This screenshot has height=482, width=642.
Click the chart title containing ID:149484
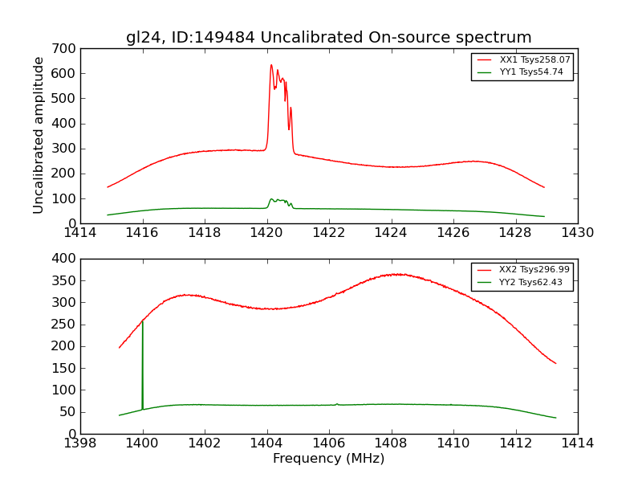[x=328, y=37]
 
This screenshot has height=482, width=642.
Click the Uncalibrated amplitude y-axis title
[x=39, y=135]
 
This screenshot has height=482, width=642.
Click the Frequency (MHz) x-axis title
[x=328, y=459]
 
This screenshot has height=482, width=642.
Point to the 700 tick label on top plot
[x=66, y=49]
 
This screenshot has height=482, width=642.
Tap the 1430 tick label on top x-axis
[x=577, y=233]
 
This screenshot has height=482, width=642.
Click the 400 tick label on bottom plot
[x=66, y=259]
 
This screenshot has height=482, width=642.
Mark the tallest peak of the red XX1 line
[x=271, y=65]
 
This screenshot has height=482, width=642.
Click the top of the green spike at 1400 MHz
[x=142, y=322]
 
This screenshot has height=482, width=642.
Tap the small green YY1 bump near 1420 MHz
[x=272, y=199]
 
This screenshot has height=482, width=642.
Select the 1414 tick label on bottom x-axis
[x=577, y=443]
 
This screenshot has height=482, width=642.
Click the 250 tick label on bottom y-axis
[x=66, y=325]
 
